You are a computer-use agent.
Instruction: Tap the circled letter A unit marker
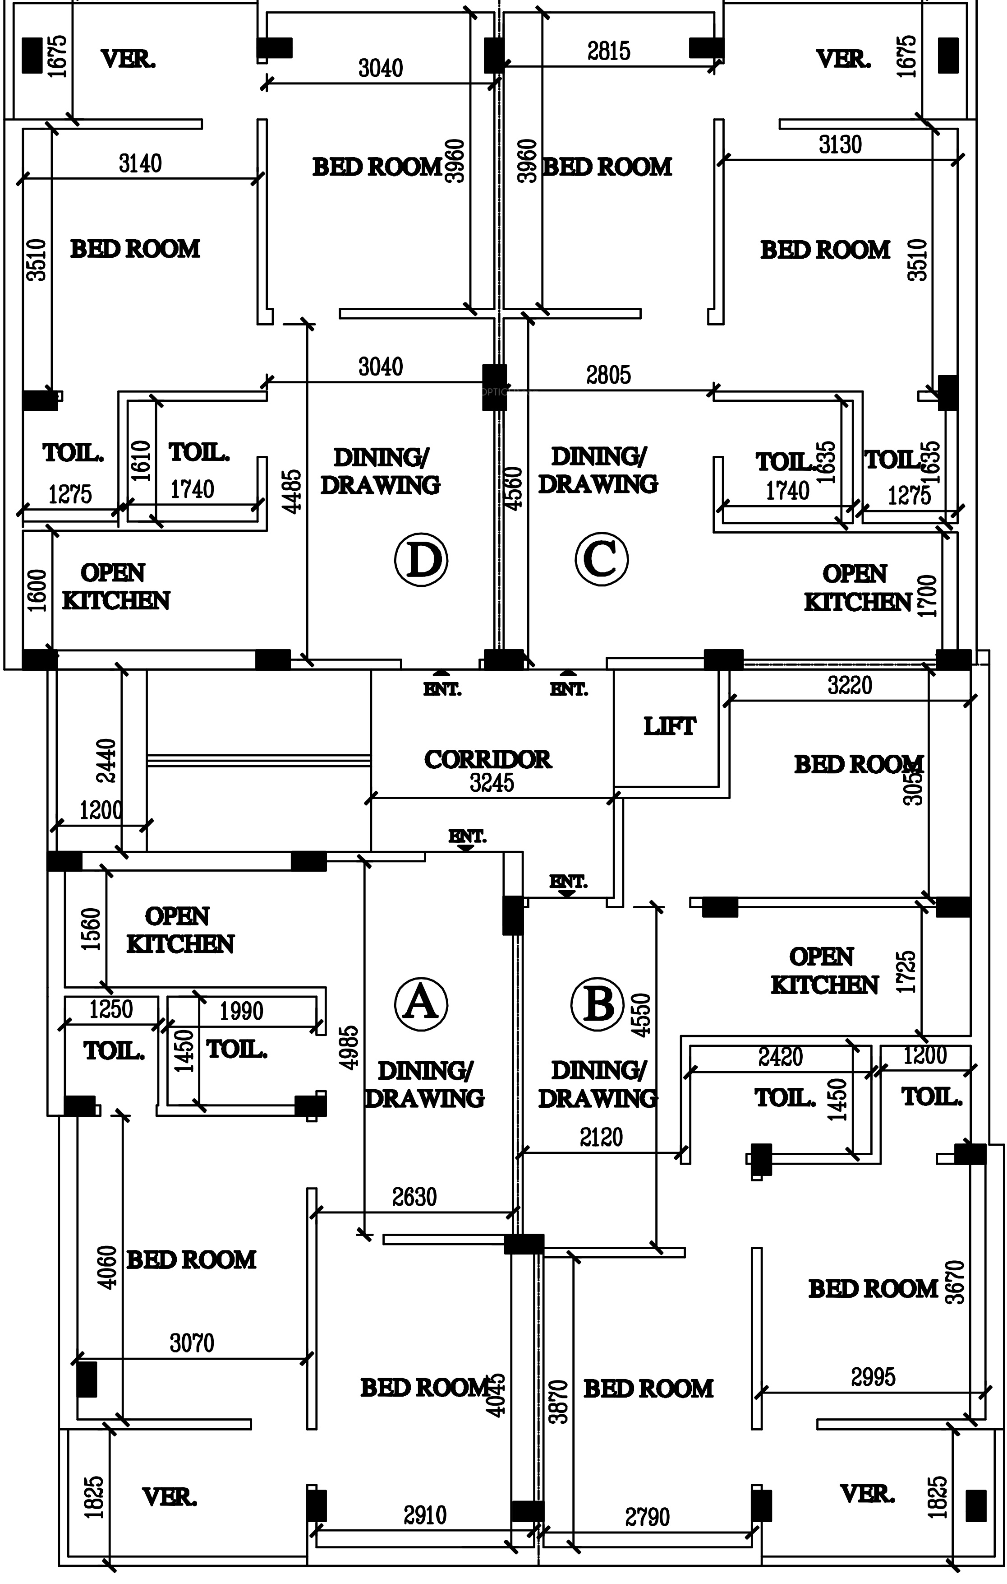(x=421, y=1004)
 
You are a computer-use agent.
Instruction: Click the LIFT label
(x=669, y=727)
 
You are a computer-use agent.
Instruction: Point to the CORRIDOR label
(x=487, y=760)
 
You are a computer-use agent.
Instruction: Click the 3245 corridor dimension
(x=492, y=783)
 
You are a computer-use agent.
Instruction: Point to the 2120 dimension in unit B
(x=601, y=1138)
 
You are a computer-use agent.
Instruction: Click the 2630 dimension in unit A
(x=414, y=1197)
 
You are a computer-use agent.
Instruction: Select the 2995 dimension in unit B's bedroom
(x=873, y=1377)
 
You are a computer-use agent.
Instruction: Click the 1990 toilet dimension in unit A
(x=241, y=1011)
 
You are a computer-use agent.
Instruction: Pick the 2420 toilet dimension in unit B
(x=780, y=1057)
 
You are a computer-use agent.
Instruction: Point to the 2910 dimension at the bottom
(x=425, y=1515)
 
